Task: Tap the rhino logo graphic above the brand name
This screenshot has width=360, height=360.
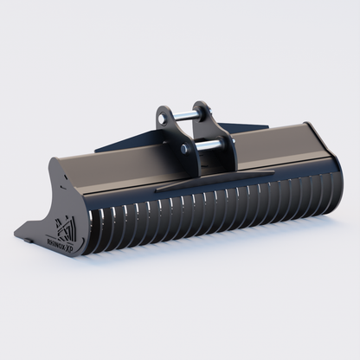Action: (x=64, y=228)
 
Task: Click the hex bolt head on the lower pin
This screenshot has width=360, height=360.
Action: (x=183, y=148)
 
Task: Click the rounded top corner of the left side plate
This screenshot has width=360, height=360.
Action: (x=56, y=164)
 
